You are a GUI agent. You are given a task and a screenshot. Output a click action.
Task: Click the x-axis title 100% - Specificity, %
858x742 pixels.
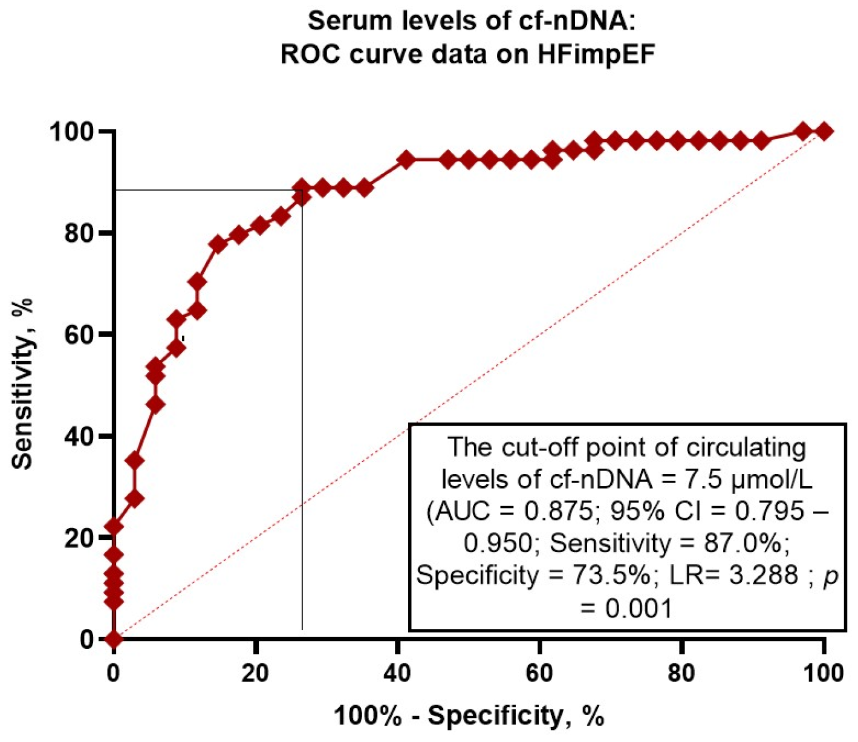coord(469,716)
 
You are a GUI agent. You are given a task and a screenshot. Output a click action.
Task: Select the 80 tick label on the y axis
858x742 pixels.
coord(79,233)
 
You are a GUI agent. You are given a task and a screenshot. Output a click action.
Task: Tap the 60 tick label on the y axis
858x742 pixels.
coord(79,335)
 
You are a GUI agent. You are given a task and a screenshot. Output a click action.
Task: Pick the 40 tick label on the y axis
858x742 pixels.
coord(79,437)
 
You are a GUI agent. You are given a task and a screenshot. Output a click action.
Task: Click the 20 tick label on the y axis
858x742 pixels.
coord(79,538)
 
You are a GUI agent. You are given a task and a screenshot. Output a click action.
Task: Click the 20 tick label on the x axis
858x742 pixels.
coord(255,673)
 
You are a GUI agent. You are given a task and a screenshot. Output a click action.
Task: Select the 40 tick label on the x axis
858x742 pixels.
coord(397,673)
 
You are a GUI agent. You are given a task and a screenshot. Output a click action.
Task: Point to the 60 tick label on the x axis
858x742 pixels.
coord(539,673)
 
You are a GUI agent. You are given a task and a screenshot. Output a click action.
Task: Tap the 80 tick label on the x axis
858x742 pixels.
coord(681,673)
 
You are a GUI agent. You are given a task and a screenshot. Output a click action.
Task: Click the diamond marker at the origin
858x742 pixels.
coord(114,639)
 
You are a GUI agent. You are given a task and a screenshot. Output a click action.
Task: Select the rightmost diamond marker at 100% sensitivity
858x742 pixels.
coord(823,131)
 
